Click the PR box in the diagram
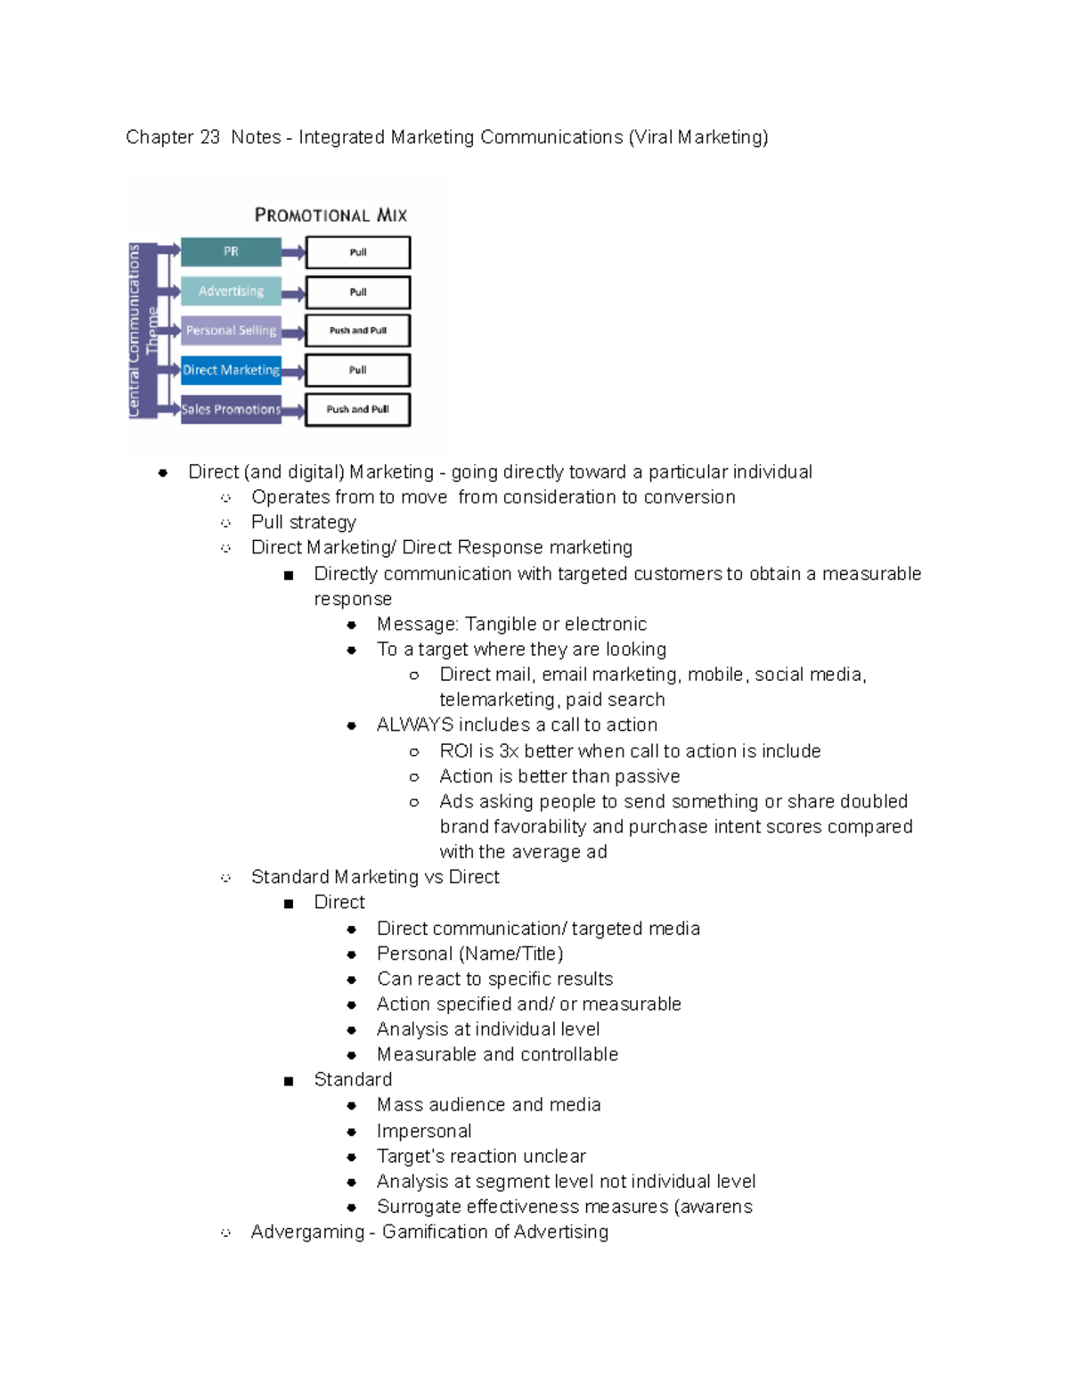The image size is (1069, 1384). pyautogui.click(x=231, y=252)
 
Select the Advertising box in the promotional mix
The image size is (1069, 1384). pyautogui.click(x=231, y=291)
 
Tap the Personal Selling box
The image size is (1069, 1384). pyautogui.click(x=231, y=331)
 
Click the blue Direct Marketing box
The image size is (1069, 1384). pyautogui.click(x=231, y=370)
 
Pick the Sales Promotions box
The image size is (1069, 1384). pyautogui.click(x=231, y=409)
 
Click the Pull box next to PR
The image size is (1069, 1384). pyautogui.click(x=357, y=252)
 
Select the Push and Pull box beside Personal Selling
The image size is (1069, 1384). pyautogui.click(x=357, y=331)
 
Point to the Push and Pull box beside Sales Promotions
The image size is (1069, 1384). pyautogui.click(x=357, y=409)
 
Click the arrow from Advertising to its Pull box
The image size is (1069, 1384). pyautogui.click(x=293, y=292)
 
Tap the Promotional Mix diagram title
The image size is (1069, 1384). pyautogui.click(x=330, y=215)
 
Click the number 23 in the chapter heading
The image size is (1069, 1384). pyautogui.click(x=209, y=137)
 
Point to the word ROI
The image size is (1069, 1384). pyautogui.click(x=456, y=750)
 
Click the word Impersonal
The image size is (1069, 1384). pyautogui.click(x=424, y=1131)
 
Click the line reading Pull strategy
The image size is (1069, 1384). pyautogui.click(x=304, y=522)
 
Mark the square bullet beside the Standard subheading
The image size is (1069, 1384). pyautogui.click(x=289, y=1081)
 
